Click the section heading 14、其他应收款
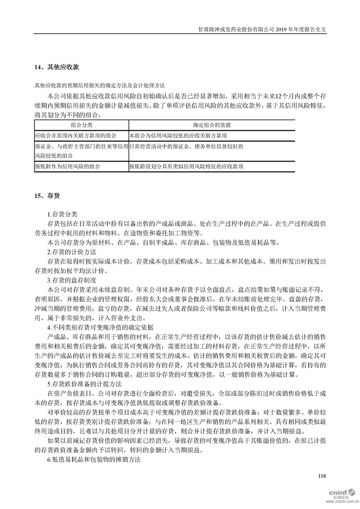coord(57,67)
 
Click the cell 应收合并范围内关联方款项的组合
coord(75,135)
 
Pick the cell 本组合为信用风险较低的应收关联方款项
coord(178,135)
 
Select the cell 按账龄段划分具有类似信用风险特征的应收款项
coord(187,166)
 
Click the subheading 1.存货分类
coord(62,214)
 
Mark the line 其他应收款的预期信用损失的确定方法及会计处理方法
coord(100,85)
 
